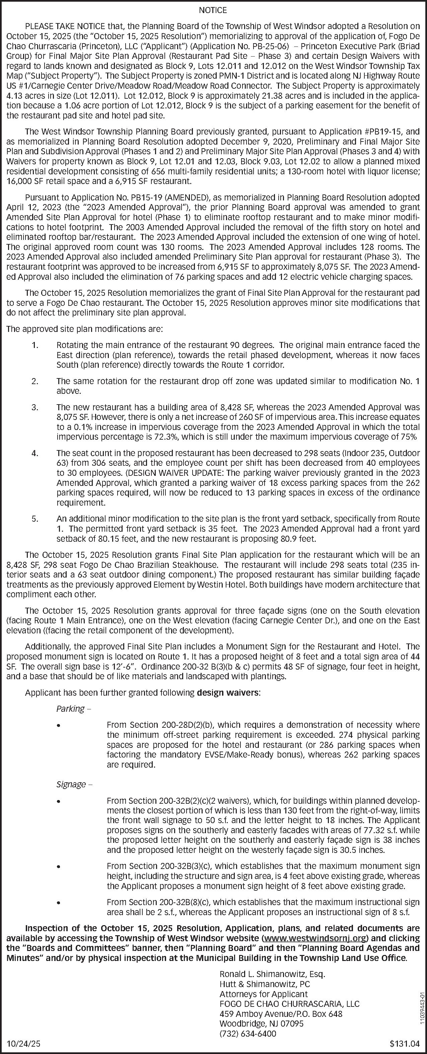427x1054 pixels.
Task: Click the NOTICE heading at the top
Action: [213, 10]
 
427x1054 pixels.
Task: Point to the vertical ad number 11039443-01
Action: [422, 1004]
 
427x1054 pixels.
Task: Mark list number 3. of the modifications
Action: [35, 408]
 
